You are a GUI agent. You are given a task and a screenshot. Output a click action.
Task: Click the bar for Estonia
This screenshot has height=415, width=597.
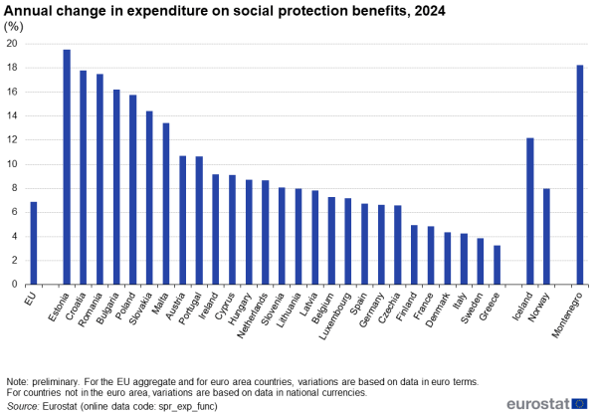coord(67,167)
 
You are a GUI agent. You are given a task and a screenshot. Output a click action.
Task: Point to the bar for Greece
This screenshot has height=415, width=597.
coord(497,265)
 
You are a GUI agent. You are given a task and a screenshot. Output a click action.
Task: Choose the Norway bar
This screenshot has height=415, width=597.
coord(546,236)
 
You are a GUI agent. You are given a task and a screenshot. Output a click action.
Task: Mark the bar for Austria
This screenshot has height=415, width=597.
coord(182,220)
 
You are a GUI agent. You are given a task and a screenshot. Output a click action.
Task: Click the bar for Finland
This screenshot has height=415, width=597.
coord(414,255)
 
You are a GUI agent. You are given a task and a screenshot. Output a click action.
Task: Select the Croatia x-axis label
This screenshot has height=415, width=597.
coord(79,303)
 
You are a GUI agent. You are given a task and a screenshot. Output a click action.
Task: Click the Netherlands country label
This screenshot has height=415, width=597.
coord(253,311)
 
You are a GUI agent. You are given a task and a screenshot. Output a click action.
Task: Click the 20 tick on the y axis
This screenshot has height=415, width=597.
coord(11,44)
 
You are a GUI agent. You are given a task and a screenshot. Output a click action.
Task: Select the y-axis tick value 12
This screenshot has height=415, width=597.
coord(11,140)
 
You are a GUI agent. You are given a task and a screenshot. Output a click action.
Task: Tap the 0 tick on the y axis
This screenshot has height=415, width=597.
coord(14,285)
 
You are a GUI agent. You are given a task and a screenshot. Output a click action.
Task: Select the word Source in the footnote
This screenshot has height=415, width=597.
coord(21,405)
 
